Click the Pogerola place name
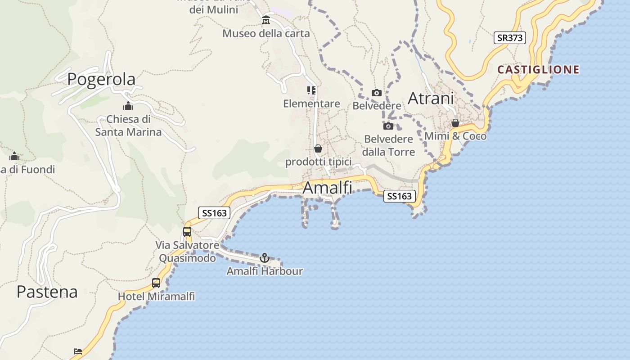tap(101, 79)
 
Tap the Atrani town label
tap(431, 99)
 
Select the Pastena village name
tap(47, 292)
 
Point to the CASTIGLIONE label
tap(538, 70)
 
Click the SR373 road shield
tap(509, 38)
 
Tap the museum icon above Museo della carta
tap(266, 20)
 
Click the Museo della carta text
tap(266, 33)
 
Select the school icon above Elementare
tap(311, 91)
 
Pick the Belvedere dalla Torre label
tap(388, 145)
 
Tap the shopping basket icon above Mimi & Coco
tap(455, 123)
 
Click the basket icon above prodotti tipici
tap(318, 148)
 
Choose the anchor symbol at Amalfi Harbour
tap(265, 258)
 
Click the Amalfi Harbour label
tap(265, 271)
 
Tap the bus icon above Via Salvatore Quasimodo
tap(187, 232)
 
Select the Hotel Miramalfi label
tap(156, 297)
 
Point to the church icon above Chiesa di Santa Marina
tap(128, 106)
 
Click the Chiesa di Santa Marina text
tap(128, 126)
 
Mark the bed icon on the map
tap(78, 351)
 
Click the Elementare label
tap(311, 104)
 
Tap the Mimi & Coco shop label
tap(455, 136)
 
